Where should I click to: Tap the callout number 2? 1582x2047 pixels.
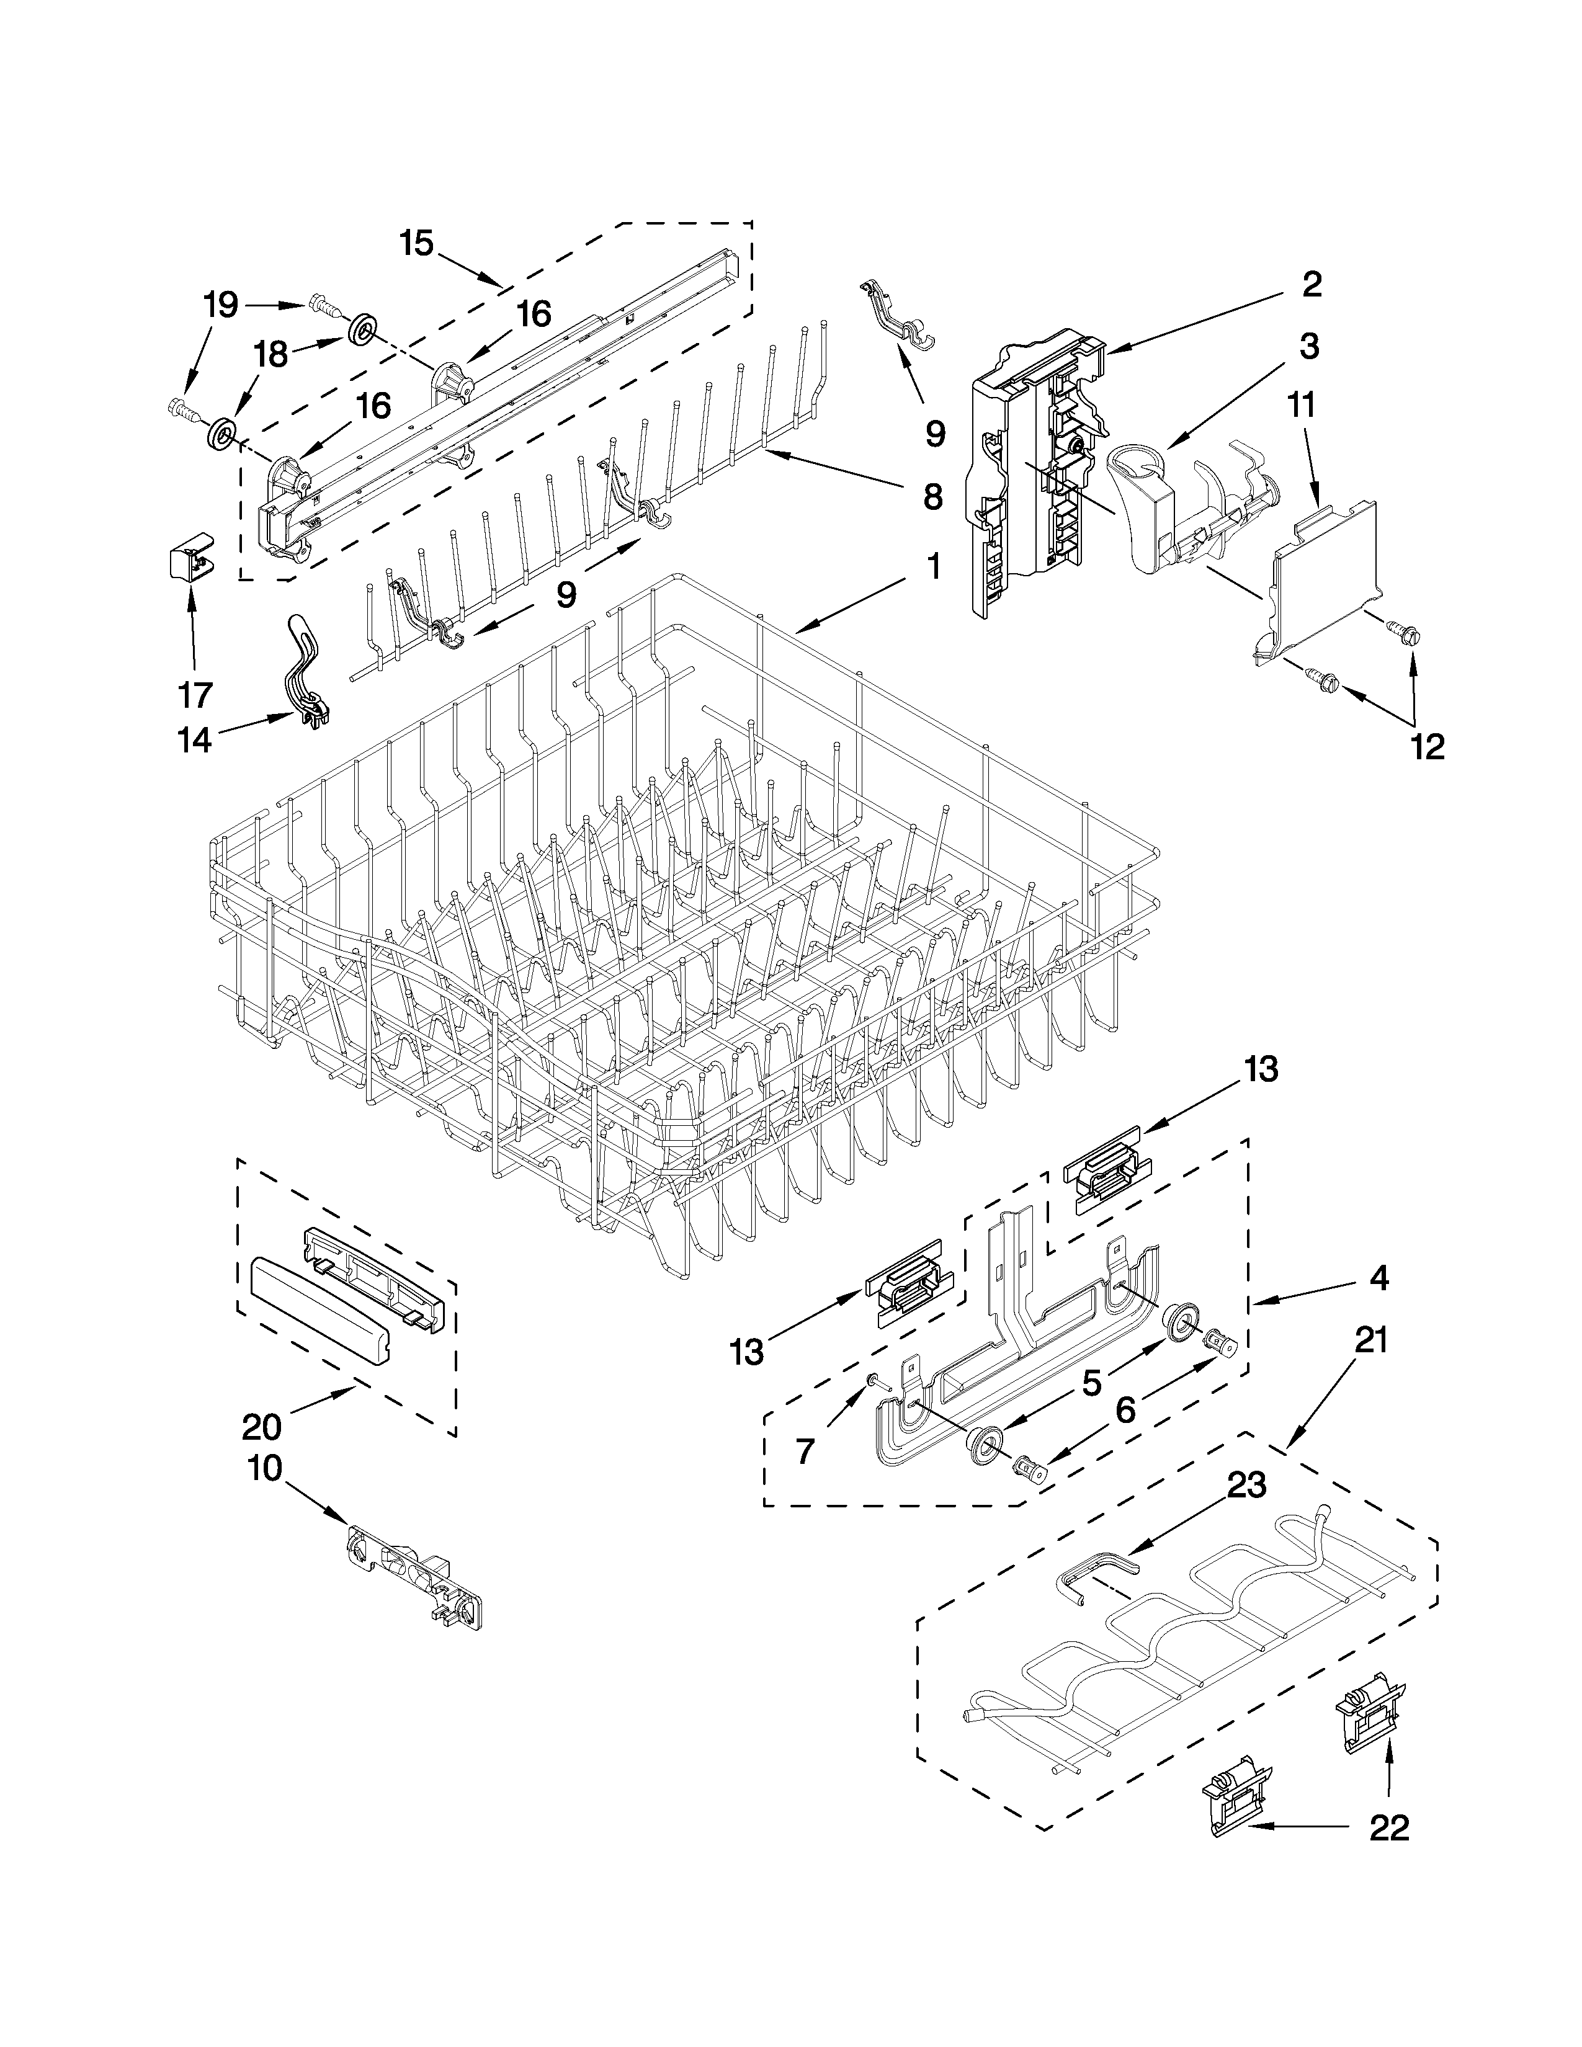click(1310, 284)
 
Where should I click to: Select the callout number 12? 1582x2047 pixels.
click(1428, 746)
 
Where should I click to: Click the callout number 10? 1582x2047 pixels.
click(266, 1469)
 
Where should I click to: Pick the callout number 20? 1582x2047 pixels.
click(261, 1427)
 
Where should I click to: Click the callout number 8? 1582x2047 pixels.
click(932, 497)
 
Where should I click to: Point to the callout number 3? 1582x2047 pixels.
click(1308, 346)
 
